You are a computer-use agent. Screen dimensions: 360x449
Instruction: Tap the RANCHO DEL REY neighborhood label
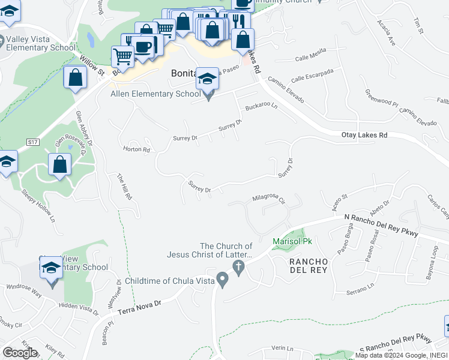click(308, 267)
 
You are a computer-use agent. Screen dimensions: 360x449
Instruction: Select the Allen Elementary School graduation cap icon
click(207, 78)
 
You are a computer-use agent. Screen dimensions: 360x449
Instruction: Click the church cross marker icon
click(238, 268)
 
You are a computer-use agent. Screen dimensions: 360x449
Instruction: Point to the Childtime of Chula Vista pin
click(223, 280)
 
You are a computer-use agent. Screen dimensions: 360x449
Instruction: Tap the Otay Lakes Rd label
click(364, 136)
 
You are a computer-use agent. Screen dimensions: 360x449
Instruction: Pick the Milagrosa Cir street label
click(268, 198)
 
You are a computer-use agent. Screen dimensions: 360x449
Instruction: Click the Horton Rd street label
click(136, 149)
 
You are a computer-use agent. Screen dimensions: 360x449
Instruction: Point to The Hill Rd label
click(124, 187)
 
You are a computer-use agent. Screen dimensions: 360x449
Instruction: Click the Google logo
click(20, 353)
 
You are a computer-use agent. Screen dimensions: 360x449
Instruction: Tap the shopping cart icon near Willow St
click(123, 56)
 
